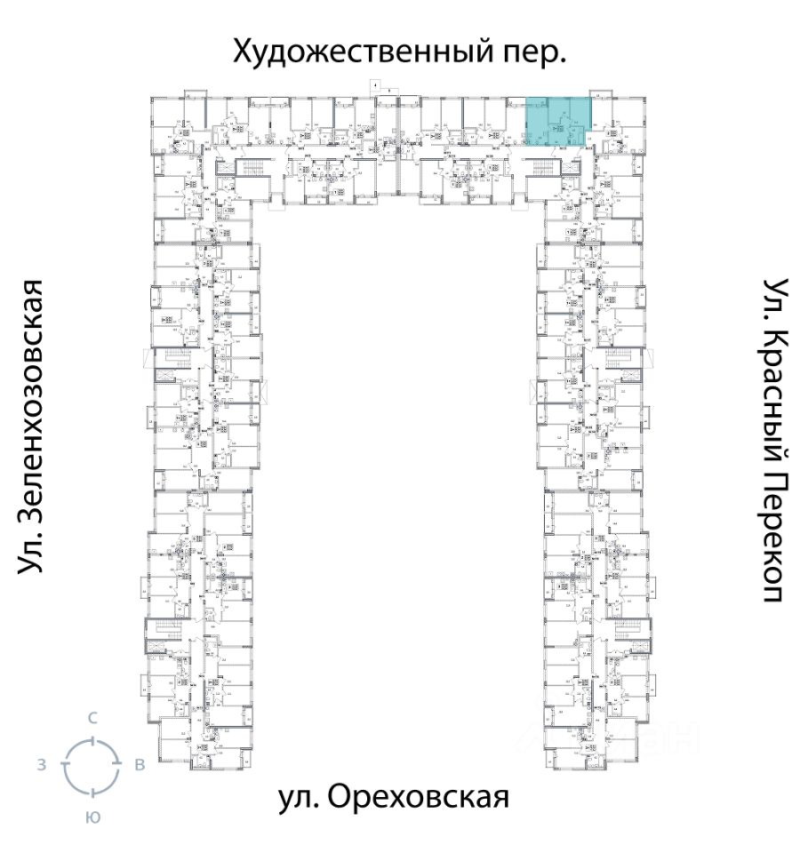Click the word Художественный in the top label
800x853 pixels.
356,52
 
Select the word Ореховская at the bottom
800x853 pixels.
420,796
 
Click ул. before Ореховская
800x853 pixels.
299,796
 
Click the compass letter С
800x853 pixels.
91,717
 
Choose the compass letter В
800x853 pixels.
139,765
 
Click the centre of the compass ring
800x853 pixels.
91,765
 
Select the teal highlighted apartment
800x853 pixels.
556,122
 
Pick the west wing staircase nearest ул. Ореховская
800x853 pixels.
165,633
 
